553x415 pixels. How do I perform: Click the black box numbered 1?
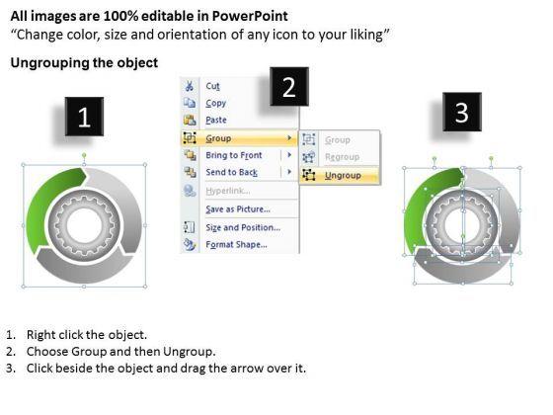(x=84, y=117)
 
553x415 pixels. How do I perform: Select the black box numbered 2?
(x=289, y=87)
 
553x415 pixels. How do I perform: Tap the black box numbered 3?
(x=462, y=112)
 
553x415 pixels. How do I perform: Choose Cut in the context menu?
(x=212, y=86)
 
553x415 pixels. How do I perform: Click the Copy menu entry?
(x=216, y=103)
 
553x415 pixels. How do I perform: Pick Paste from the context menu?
(x=216, y=120)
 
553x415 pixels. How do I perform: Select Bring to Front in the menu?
(x=234, y=155)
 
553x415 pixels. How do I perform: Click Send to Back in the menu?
(x=232, y=172)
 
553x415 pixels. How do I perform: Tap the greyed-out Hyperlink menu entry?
(x=228, y=191)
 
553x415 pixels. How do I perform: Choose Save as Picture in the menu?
(x=238, y=209)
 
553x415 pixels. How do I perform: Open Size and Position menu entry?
(x=243, y=227)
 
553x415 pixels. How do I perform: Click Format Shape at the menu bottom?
(x=236, y=245)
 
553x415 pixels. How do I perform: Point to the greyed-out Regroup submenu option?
(x=342, y=157)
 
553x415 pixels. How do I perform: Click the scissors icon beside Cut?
(x=190, y=86)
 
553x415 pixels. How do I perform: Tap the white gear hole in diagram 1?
(x=84, y=225)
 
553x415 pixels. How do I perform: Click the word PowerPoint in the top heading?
(x=250, y=16)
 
